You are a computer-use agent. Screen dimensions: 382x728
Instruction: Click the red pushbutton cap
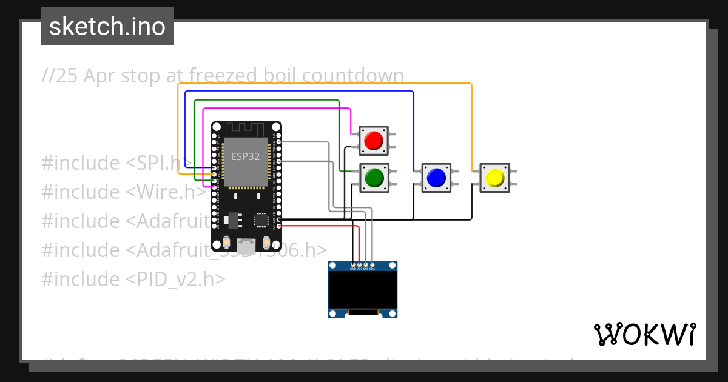(373, 141)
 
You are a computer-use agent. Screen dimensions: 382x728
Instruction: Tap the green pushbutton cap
(373, 178)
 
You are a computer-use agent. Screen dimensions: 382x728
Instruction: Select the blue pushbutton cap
(436, 178)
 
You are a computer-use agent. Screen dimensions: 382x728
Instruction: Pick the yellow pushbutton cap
(494, 178)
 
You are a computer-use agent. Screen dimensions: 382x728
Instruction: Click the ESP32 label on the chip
(245, 156)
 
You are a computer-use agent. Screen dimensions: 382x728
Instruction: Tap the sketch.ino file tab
(107, 27)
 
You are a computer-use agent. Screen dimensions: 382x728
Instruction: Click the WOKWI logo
(644, 334)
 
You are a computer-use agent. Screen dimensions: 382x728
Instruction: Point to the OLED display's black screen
(362, 290)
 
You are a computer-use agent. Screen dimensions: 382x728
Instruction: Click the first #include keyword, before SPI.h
(79, 163)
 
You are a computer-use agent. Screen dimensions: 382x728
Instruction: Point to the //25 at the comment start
(60, 76)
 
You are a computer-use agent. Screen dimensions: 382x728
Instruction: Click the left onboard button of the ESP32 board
(226, 243)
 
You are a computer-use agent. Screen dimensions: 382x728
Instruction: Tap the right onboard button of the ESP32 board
(266, 243)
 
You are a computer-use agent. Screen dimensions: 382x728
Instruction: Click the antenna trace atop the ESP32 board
(246, 129)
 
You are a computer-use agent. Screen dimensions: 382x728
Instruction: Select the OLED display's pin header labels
(362, 268)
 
